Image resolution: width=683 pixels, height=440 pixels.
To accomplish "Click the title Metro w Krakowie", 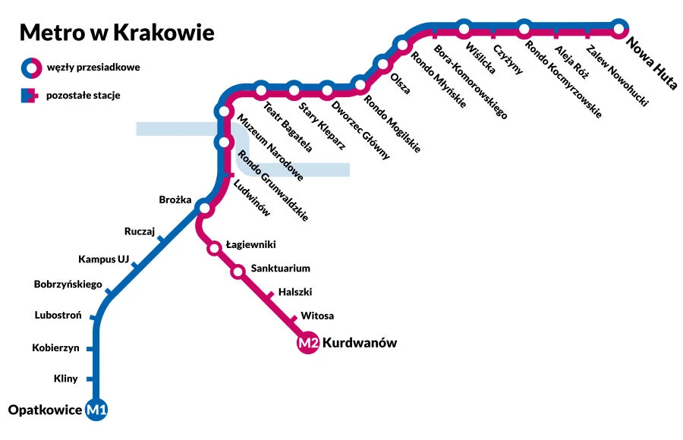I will coord(116,33).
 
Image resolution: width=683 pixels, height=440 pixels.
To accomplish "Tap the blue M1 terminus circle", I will coord(97,410).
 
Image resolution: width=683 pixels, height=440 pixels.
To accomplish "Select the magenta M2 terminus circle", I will coord(307,344).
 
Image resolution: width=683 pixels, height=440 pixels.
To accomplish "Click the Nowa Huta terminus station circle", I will coord(619,30).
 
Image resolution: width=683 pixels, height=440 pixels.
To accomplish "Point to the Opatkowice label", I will coord(44,410).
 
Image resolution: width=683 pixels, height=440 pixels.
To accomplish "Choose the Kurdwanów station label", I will coord(360,344).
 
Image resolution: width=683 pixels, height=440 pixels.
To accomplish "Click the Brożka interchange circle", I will coord(203,208).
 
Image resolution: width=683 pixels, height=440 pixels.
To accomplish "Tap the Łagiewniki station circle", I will coord(215,247).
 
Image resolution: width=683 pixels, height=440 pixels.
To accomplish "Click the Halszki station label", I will coord(295,292).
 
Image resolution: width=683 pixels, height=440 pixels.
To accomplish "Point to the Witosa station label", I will coord(317,316).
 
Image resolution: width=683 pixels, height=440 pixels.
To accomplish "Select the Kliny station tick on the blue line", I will coord(92,379).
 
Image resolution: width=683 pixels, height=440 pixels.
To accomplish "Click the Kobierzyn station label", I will coord(56,348).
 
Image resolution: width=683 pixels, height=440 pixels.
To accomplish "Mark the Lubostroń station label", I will coord(52,315).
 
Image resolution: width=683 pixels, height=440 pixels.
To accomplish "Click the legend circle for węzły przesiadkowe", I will coord(30,68).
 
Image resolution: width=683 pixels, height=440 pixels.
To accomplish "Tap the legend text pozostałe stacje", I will coord(83,96).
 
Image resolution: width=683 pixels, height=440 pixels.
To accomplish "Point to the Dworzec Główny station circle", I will coord(327,90).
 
